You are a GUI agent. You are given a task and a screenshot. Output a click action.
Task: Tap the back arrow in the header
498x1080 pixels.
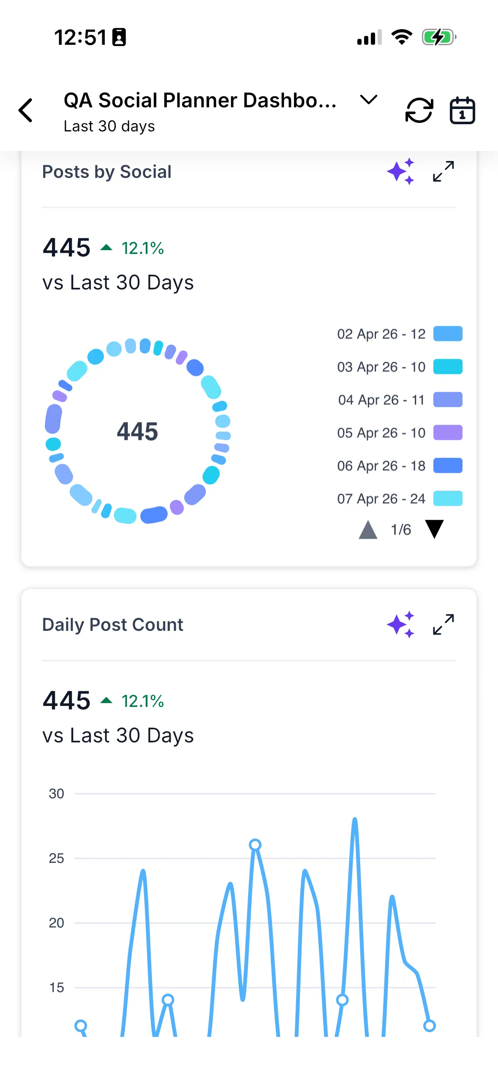[26, 110]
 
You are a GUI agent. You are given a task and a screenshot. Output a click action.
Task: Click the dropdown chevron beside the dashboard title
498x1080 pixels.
[368, 100]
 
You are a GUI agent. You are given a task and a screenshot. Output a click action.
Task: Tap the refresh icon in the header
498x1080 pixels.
[419, 110]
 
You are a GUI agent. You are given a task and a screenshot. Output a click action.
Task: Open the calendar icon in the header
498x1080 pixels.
[462, 110]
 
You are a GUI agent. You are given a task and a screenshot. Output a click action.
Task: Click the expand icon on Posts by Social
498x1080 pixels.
[444, 171]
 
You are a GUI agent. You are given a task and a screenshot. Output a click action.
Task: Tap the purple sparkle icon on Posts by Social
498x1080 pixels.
[400, 172]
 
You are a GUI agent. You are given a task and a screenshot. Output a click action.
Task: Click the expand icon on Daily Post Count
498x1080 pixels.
[444, 624]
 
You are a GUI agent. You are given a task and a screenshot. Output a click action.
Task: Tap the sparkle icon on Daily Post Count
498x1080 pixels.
[400, 625]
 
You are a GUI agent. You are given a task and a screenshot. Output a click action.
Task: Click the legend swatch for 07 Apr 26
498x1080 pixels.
[448, 499]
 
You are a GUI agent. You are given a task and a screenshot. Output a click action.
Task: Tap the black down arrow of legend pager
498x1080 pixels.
[434, 529]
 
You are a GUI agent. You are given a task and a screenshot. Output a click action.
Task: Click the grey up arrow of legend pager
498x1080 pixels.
[368, 529]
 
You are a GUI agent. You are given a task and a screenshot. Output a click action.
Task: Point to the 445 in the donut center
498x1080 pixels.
[137, 431]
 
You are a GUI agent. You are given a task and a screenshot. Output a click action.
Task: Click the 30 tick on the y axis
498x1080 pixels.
[56, 794]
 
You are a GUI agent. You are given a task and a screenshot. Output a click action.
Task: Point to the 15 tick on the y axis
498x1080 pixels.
[57, 987]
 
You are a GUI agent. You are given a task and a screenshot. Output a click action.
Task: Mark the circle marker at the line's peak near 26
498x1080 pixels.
[255, 845]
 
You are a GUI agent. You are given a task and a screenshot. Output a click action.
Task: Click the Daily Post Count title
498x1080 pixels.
[113, 625]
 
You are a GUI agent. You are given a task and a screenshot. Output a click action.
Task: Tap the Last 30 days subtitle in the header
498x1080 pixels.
[109, 126]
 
